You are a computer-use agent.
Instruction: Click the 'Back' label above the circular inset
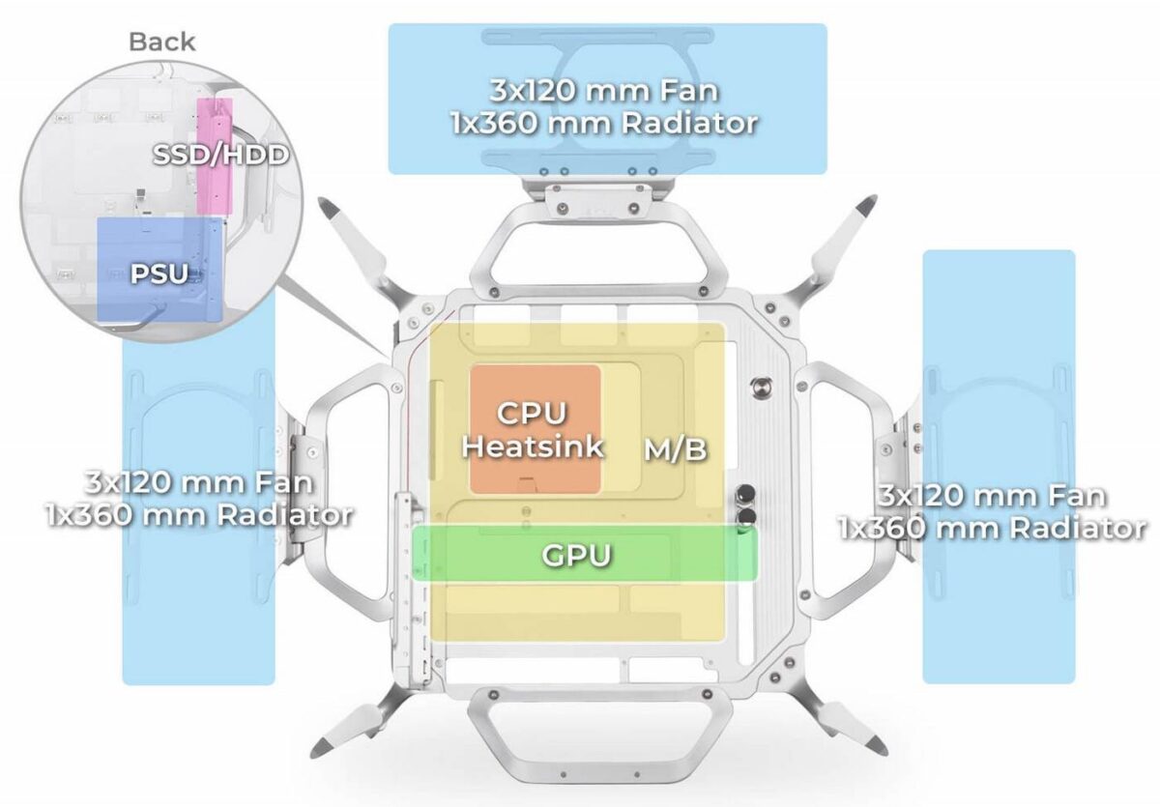click(161, 42)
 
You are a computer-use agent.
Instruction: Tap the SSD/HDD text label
click(220, 154)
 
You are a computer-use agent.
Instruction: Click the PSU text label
click(159, 274)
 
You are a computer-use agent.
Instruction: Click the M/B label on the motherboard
click(675, 448)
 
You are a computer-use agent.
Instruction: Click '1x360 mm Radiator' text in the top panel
click(603, 124)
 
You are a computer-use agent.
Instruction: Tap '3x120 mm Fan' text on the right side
click(993, 497)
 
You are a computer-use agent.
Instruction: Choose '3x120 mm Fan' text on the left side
click(199, 481)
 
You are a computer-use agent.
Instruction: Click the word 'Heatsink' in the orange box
click(533, 446)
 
